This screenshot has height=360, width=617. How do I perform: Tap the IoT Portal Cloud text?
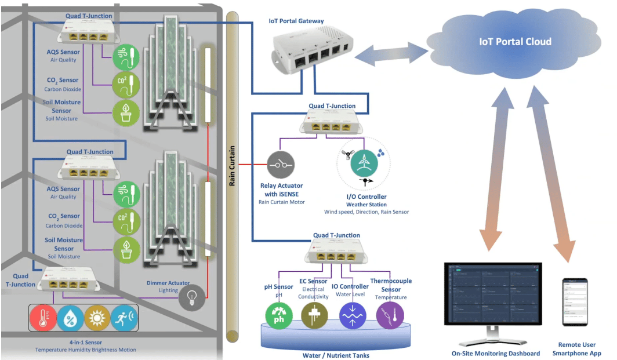pos(515,42)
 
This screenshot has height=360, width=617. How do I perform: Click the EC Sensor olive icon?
pos(314,316)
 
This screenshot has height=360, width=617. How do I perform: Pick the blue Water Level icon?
pos(351,316)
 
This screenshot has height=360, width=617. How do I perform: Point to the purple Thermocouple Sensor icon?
pos(389,316)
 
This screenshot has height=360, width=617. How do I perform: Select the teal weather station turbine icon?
pos(364,163)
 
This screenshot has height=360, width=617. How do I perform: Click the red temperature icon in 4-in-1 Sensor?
pos(44,318)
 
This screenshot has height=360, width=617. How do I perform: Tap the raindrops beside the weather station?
pos(380,152)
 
